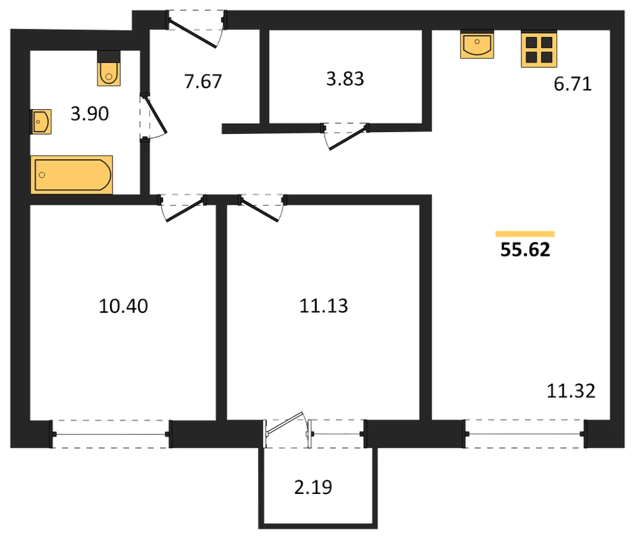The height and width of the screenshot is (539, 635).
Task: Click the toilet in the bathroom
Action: pos(109,68)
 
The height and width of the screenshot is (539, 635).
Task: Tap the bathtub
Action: pos(72,175)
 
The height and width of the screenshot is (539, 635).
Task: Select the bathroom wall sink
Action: pos(41,121)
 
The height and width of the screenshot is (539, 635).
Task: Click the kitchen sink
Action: pos(477,44)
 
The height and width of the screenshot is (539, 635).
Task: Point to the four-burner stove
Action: pos(539,49)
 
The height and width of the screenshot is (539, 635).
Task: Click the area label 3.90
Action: pos(90,114)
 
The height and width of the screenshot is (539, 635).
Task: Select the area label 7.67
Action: pos(203,81)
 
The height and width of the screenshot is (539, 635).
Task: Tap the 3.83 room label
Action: pos(345,79)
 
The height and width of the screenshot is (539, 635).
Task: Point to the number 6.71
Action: pos(573,84)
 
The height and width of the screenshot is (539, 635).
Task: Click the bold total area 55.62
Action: pos(525,250)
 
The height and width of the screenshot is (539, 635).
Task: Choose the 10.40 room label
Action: pos(124,306)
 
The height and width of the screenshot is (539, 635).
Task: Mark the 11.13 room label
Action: pos(324,306)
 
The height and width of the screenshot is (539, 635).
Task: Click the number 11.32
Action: pos(571,391)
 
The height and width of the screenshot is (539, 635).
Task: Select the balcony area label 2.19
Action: pos(313,487)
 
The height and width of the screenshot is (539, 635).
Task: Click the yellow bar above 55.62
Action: pos(525,234)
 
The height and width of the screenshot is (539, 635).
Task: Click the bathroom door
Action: pos(153,116)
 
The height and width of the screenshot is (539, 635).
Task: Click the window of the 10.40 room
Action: pos(111,434)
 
